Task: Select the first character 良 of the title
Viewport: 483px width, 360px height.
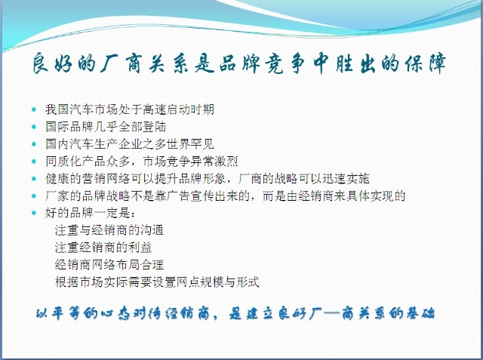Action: tap(41, 63)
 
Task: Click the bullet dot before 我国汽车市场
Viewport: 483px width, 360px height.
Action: tap(33, 109)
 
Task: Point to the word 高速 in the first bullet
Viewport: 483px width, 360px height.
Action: tap(154, 109)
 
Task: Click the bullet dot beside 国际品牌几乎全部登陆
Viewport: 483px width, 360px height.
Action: tap(33, 127)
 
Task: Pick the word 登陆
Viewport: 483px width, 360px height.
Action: tap(154, 127)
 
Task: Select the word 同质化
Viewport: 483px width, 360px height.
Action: tap(63, 161)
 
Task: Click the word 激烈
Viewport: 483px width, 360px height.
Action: tap(226, 161)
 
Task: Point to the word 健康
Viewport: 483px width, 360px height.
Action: tap(57, 178)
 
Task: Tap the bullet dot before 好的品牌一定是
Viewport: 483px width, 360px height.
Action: tap(33, 213)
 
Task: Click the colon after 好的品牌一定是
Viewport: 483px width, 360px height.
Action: tap(133, 214)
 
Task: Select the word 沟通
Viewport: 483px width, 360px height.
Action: tap(152, 230)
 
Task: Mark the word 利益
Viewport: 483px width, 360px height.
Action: tap(140, 248)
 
